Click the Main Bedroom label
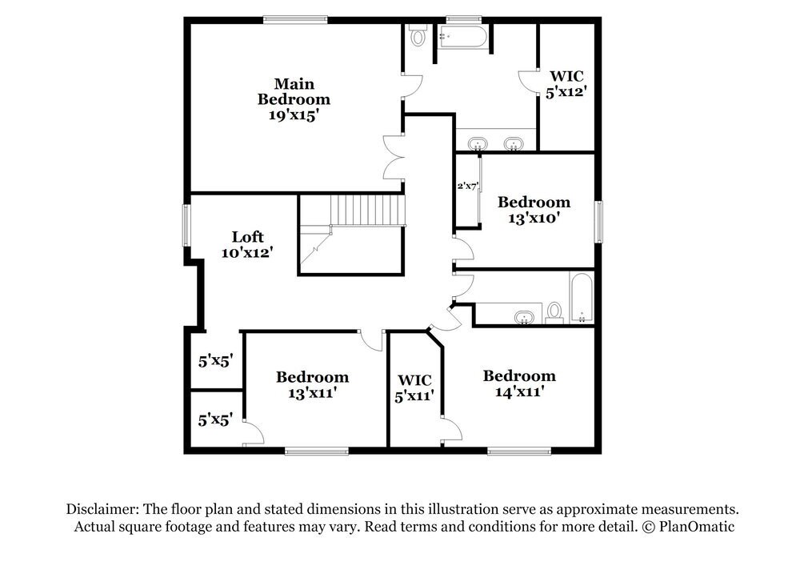pyautogui.click(x=293, y=99)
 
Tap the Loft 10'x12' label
pyautogui.click(x=247, y=244)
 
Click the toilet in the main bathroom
pyautogui.click(x=418, y=36)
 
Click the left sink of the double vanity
pyautogui.click(x=478, y=144)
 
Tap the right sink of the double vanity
pyautogui.click(x=514, y=144)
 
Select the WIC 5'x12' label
pyautogui.click(x=567, y=84)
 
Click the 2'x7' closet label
pyautogui.click(x=466, y=186)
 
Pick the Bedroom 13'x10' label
pyautogui.click(x=534, y=209)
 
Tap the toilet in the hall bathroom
pyautogui.click(x=554, y=312)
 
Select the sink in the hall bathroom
pyautogui.click(x=524, y=318)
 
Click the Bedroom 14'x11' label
pyautogui.click(x=519, y=383)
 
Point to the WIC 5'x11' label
pyautogui.click(x=414, y=387)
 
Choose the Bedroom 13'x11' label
pyautogui.click(x=312, y=384)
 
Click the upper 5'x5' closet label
pyautogui.click(x=215, y=361)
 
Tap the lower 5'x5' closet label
pyautogui.click(x=215, y=418)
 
